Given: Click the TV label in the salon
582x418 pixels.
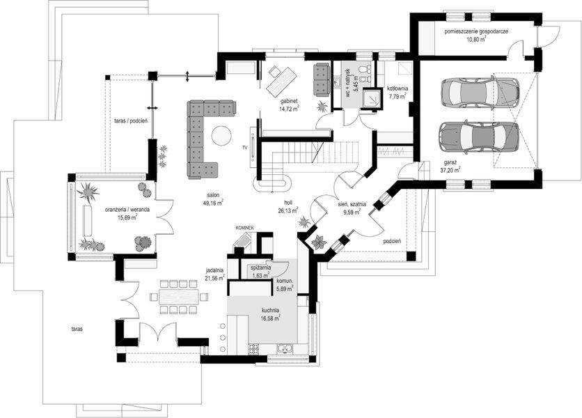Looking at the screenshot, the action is pyautogui.click(x=244, y=148).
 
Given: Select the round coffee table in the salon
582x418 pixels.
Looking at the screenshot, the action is pyautogui.click(x=221, y=135).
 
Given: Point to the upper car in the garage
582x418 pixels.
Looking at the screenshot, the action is pyautogui.click(x=480, y=92).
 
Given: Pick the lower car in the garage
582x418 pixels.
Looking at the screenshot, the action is pyautogui.click(x=478, y=137).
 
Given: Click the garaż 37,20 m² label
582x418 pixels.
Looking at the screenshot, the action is pyautogui.click(x=450, y=166).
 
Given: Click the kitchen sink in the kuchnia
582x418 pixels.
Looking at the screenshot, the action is pyautogui.click(x=285, y=349).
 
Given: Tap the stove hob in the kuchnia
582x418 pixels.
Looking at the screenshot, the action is pyautogui.click(x=253, y=349).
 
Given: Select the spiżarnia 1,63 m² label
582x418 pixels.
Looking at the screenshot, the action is pyautogui.click(x=260, y=271).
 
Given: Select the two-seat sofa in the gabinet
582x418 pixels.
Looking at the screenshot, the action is pyautogui.click(x=322, y=79).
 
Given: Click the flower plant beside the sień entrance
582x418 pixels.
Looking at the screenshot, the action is pyautogui.click(x=319, y=242).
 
